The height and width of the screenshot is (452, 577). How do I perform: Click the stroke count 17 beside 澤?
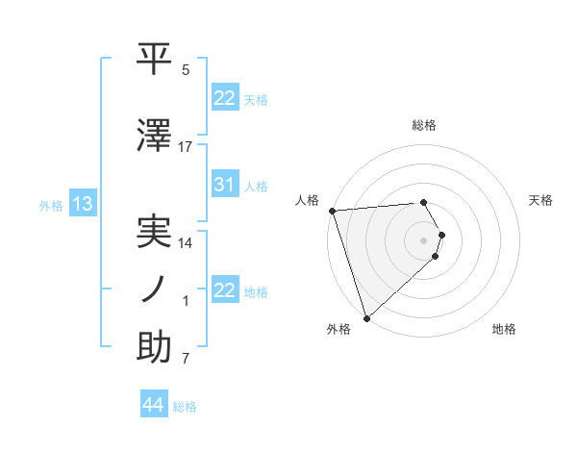(x=186, y=146)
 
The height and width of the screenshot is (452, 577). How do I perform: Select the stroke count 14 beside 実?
(x=186, y=243)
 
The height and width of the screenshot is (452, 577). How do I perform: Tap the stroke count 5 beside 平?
(x=186, y=70)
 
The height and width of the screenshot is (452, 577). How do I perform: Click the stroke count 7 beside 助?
(x=186, y=360)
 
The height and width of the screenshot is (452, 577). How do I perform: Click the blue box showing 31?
(x=225, y=185)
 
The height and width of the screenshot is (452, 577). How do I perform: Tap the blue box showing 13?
(x=82, y=204)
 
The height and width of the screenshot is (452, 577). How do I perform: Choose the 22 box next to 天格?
(x=225, y=97)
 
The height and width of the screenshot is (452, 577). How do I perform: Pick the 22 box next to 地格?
(x=225, y=290)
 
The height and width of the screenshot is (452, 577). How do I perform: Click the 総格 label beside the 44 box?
(x=185, y=407)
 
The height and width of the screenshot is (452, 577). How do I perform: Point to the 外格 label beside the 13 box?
(x=51, y=206)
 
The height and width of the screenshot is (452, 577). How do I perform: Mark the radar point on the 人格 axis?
(x=332, y=211)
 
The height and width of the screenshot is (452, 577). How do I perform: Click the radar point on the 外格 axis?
(x=366, y=316)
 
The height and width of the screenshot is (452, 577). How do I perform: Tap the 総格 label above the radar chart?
(x=424, y=125)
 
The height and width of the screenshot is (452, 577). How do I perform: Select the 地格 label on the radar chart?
(x=504, y=329)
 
